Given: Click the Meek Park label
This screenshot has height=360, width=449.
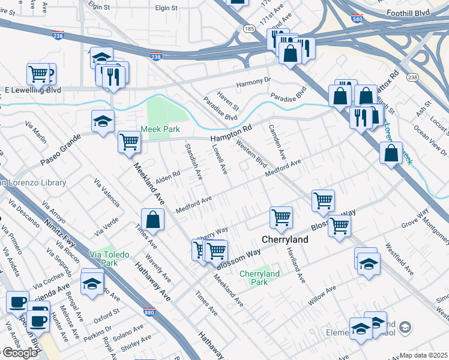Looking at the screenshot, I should [x=160, y=129].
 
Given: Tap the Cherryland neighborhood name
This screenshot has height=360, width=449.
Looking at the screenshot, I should [x=285, y=239].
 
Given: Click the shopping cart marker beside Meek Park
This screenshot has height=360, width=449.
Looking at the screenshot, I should [x=129, y=142].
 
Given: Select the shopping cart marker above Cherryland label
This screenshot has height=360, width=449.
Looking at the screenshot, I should [x=280, y=217].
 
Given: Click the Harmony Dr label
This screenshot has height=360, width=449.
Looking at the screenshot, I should [x=253, y=82].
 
